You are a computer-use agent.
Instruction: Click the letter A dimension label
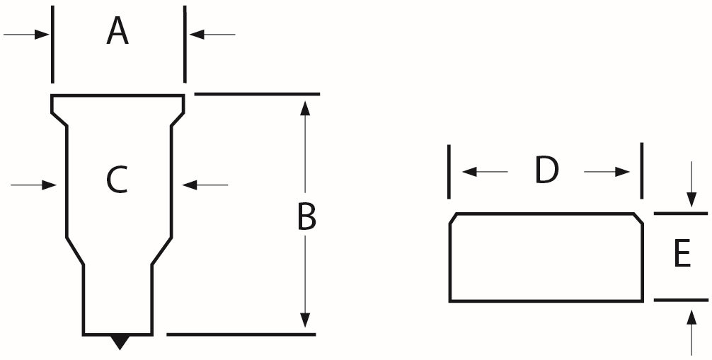click(117, 31)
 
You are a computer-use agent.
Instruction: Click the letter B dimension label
click(306, 217)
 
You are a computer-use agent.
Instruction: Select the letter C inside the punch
click(117, 180)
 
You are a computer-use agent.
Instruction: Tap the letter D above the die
click(546, 170)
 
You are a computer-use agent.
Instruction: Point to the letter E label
click(682, 253)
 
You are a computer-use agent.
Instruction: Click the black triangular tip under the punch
click(120, 342)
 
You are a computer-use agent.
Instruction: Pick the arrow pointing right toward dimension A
click(26, 34)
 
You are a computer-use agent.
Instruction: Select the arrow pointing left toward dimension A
click(212, 34)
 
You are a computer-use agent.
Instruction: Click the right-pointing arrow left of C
click(33, 185)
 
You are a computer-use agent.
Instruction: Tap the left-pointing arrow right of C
click(205, 185)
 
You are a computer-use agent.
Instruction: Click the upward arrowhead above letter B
click(305, 108)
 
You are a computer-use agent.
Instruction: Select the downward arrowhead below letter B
click(305, 320)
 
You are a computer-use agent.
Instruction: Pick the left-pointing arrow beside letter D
click(485, 172)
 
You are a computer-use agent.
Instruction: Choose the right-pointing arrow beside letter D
click(607, 172)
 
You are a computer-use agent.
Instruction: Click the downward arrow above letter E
click(691, 184)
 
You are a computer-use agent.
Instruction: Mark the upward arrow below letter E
click(691, 332)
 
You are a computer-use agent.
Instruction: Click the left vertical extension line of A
click(52, 45)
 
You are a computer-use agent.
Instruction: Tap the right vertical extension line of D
click(642, 170)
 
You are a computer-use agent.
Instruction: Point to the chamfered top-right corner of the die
click(638, 218)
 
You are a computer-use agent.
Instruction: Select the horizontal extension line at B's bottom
click(241, 335)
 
